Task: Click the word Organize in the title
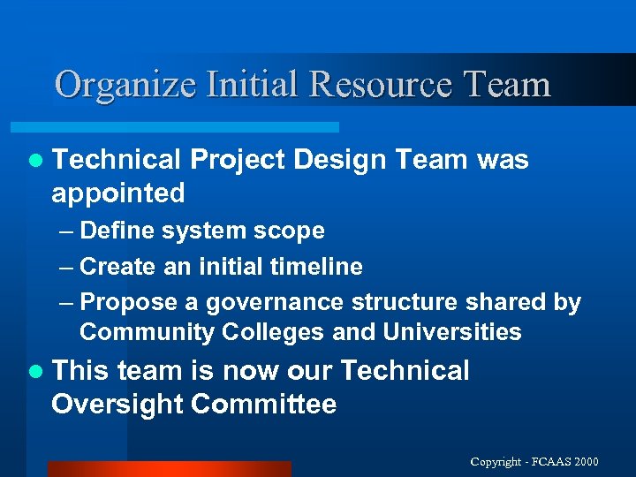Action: point(125,85)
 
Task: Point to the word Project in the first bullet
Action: point(237,160)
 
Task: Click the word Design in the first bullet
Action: point(340,160)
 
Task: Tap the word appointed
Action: point(118,193)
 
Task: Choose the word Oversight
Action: point(117,405)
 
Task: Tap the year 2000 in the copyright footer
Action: point(585,462)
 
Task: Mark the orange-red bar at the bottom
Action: point(168,469)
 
